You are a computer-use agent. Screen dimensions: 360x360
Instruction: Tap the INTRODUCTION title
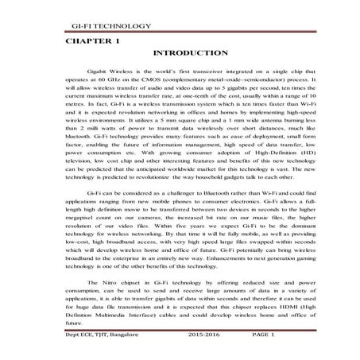(x=189, y=52)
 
